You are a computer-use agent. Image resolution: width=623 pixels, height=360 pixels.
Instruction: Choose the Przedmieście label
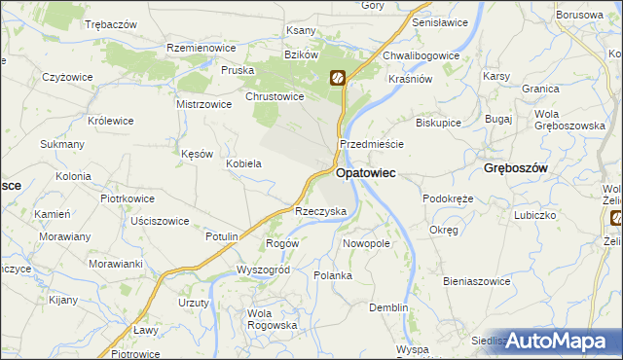tap(371, 143)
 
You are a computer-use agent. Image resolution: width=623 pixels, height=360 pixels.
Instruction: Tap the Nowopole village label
tap(366, 243)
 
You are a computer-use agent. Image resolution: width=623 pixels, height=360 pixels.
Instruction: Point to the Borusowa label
tap(578, 16)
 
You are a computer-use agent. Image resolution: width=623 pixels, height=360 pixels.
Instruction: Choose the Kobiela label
tap(243, 163)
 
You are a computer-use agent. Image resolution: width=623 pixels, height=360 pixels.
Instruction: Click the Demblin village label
tap(388, 307)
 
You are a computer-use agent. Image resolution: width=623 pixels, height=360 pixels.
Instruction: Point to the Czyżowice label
tap(67, 76)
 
